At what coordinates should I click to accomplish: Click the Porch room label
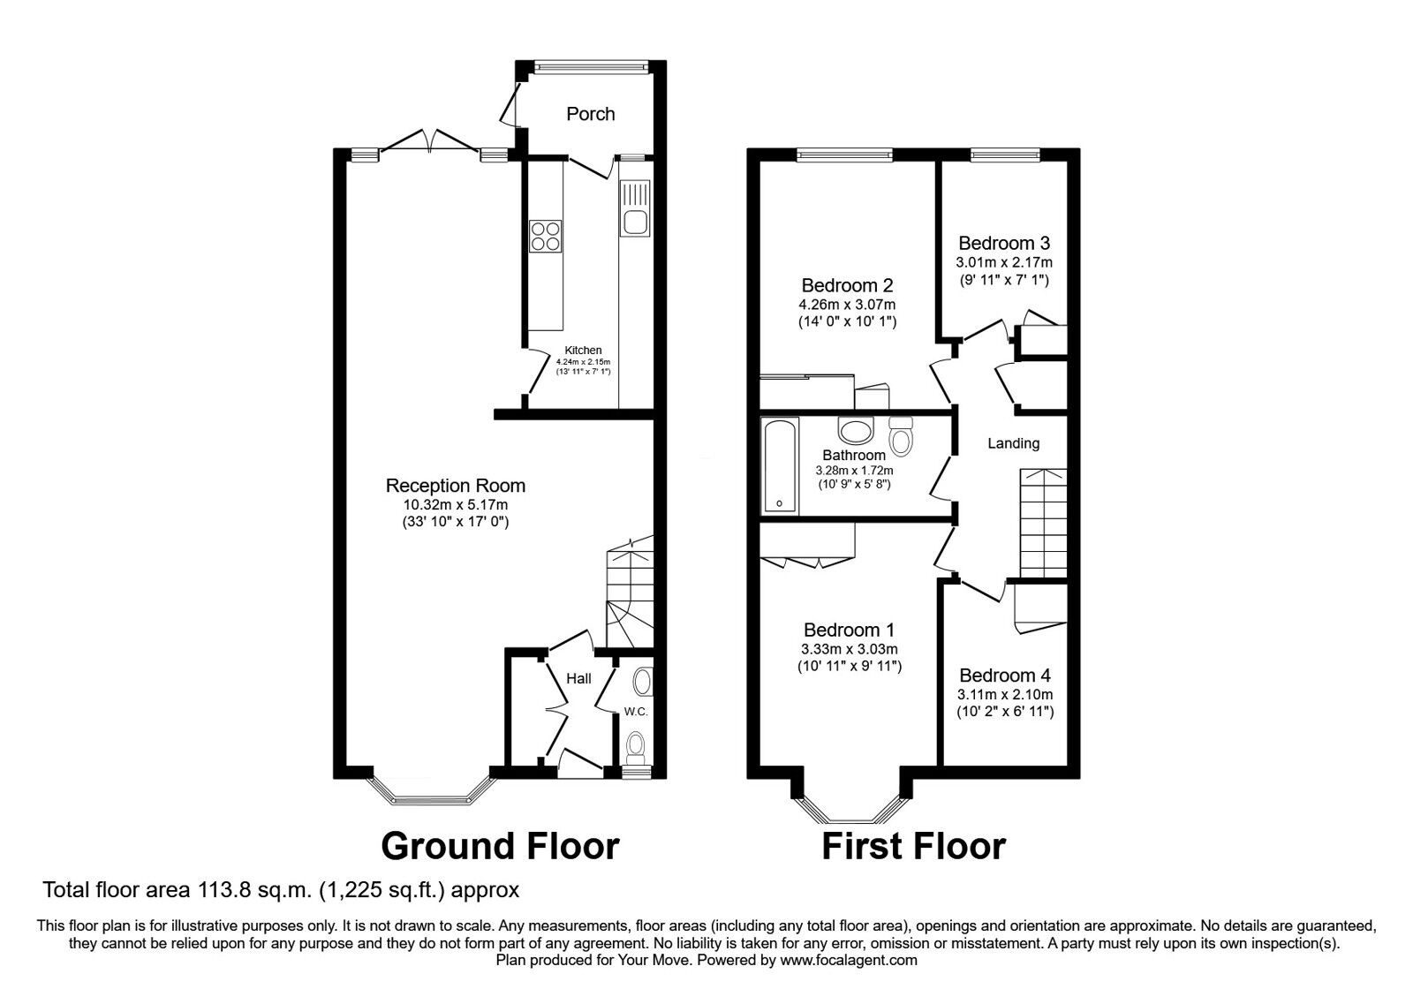(x=591, y=114)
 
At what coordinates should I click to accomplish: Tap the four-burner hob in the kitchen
(x=546, y=237)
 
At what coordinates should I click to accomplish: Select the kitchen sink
(x=635, y=208)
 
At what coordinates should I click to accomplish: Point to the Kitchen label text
(x=583, y=350)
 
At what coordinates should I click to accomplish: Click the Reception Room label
(x=456, y=486)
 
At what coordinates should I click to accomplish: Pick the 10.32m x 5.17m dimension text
(x=456, y=504)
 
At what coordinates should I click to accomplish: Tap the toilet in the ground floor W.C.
(x=635, y=746)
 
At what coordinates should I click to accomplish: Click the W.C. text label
(x=636, y=712)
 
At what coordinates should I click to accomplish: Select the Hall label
(x=578, y=679)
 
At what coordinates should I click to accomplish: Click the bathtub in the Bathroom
(x=781, y=464)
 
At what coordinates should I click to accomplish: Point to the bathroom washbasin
(x=856, y=431)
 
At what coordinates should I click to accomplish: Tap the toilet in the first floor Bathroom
(x=901, y=436)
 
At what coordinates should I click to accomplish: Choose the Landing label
(x=1013, y=443)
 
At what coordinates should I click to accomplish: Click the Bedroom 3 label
(x=1004, y=243)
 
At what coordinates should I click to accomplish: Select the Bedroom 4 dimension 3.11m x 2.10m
(x=1005, y=695)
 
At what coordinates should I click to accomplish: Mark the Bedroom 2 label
(x=847, y=286)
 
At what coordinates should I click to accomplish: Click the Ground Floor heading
(x=500, y=847)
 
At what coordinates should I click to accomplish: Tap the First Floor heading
(x=914, y=847)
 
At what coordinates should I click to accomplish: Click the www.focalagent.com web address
(x=849, y=960)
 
